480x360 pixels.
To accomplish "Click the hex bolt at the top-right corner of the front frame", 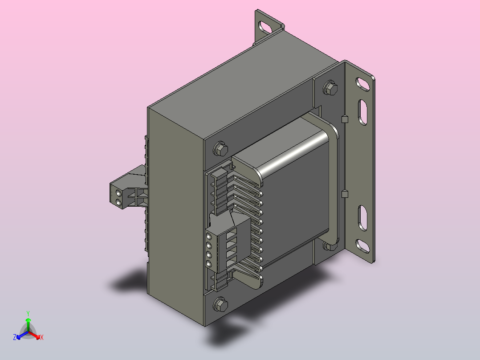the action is click(x=330, y=88).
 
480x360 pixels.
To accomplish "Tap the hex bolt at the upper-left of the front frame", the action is click(x=220, y=149).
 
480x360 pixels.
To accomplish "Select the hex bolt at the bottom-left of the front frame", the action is click(x=220, y=304).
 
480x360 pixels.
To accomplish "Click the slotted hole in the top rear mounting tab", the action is click(x=265, y=27).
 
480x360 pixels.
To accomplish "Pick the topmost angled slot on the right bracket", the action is click(x=362, y=84).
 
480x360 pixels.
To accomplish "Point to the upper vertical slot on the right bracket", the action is click(x=363, y=112).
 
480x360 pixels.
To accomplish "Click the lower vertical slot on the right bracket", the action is click(x=363, y=218).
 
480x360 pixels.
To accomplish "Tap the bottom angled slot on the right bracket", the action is click(x=362, y=246).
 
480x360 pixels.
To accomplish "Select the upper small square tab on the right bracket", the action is click(x=345, y=119).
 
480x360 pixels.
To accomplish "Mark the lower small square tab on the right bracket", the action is click(x=345, y=194).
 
